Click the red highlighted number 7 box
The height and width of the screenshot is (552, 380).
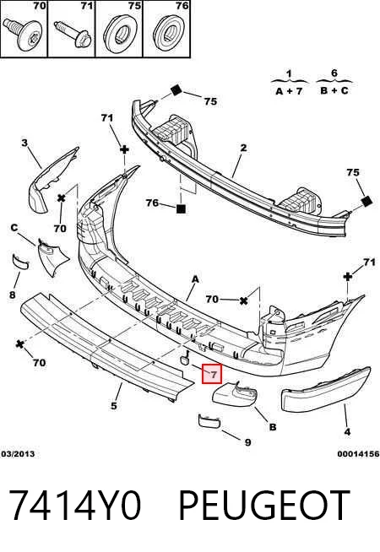coord(212,374)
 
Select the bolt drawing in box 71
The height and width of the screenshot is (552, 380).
coord(73,33)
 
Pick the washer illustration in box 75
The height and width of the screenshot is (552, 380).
coord(122,34)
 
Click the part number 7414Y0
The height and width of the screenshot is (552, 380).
coord(75,506)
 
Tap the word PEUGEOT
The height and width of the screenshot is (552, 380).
coord(264,506)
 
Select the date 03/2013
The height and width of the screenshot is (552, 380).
coord(18,454)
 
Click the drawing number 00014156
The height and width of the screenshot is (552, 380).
coord(358,454)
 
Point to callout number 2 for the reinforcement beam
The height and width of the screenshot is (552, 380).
coord(244,148)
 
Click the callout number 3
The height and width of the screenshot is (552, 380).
coord(24,143)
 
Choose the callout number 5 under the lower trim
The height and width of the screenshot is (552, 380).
coord(114,406)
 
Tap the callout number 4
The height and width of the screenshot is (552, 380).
coord(347,431)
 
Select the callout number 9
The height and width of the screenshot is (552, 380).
coord(248,442)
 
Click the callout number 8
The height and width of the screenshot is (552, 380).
coord(13,295)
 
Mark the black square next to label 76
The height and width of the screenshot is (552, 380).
coord(181,209)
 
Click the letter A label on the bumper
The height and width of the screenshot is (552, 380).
coord(195,279)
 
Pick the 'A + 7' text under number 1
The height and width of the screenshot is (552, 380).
coord(289,91)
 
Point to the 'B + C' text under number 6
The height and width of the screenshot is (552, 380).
coord(334,90)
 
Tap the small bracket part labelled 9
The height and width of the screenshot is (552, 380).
coord(210,420)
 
